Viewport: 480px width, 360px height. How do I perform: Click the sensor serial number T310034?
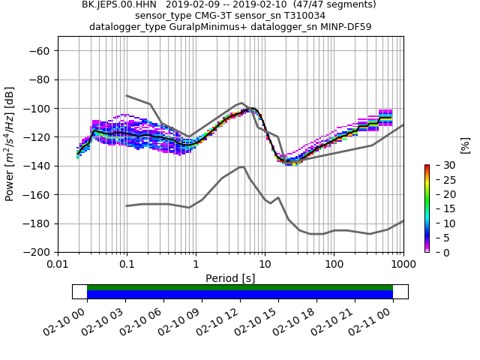tap(301, 16)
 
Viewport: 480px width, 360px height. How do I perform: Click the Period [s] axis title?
tap(230, 278)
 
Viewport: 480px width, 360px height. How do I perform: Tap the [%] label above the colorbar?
tap(464, 145)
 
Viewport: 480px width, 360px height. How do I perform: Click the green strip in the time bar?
tap(240, 287)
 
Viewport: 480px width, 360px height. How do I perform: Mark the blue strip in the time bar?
tap(240, 295)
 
